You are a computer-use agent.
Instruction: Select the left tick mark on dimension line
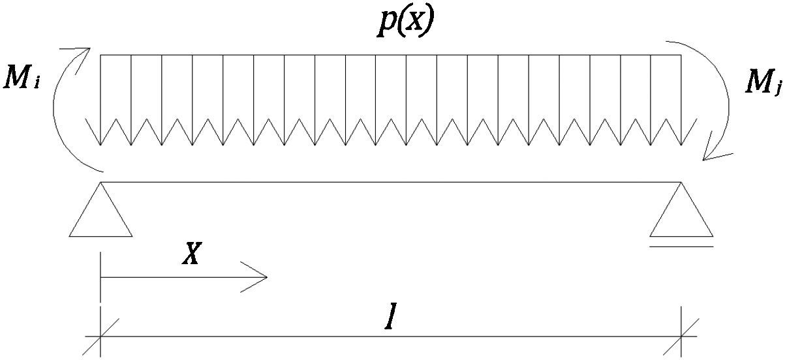click(100, 337)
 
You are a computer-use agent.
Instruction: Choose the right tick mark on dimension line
click(682, 337)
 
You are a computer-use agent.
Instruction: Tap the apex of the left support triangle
click(100, 183)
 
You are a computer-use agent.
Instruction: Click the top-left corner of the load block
click(100, 55)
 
